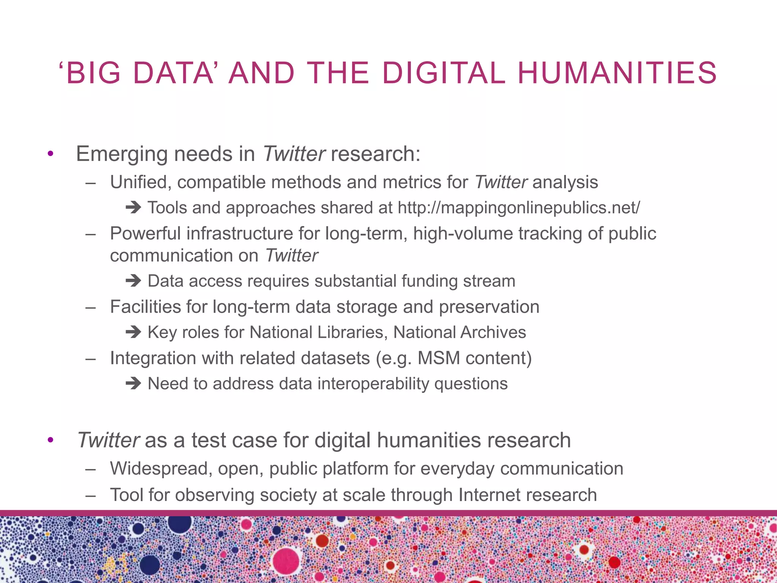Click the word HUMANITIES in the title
(x=617, y=72)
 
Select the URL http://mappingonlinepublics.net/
(x=519, y=208)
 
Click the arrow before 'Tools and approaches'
(x=133, y=208)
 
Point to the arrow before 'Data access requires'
(x=133, y=281)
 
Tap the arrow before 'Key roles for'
(x=133, y=332)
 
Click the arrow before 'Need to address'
(x=133, y=384)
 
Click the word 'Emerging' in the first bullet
(x=122, y=154)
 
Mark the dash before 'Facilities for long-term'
(x=90, y=307)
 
